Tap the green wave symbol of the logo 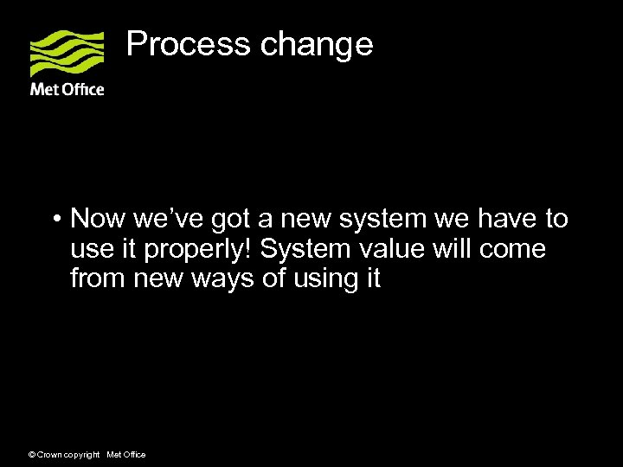(67, 54)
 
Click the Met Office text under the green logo (67, 89)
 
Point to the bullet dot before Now (55, 220)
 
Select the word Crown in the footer (51, 455)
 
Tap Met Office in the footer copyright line (125, 455)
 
